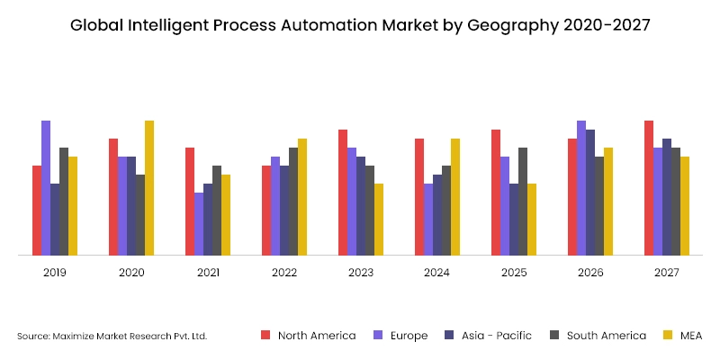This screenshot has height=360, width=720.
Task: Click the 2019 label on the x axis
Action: coord(55,273)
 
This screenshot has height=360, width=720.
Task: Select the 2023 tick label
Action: coord(361,273)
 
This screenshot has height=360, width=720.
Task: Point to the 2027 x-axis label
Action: coord(667,273)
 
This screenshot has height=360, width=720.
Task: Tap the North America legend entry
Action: coord(316,336)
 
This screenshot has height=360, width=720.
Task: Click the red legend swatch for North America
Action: coord(265,336)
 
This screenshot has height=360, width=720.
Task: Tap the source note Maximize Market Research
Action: coord(112,337)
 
